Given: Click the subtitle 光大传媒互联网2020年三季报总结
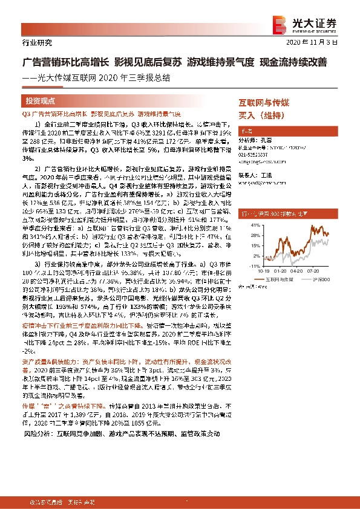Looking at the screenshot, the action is tap(100, 77).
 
